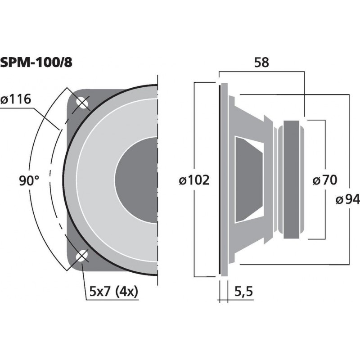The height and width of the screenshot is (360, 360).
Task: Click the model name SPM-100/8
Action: tap(36, 63)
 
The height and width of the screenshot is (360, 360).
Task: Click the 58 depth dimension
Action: tap(261, 63)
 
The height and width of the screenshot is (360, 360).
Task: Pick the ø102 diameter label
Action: tap(194, 181)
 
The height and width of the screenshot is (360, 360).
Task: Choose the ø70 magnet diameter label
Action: tap(324, 181)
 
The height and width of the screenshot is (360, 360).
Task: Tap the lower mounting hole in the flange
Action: tap(82, 257)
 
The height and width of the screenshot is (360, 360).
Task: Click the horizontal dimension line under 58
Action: tap(262, 72)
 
